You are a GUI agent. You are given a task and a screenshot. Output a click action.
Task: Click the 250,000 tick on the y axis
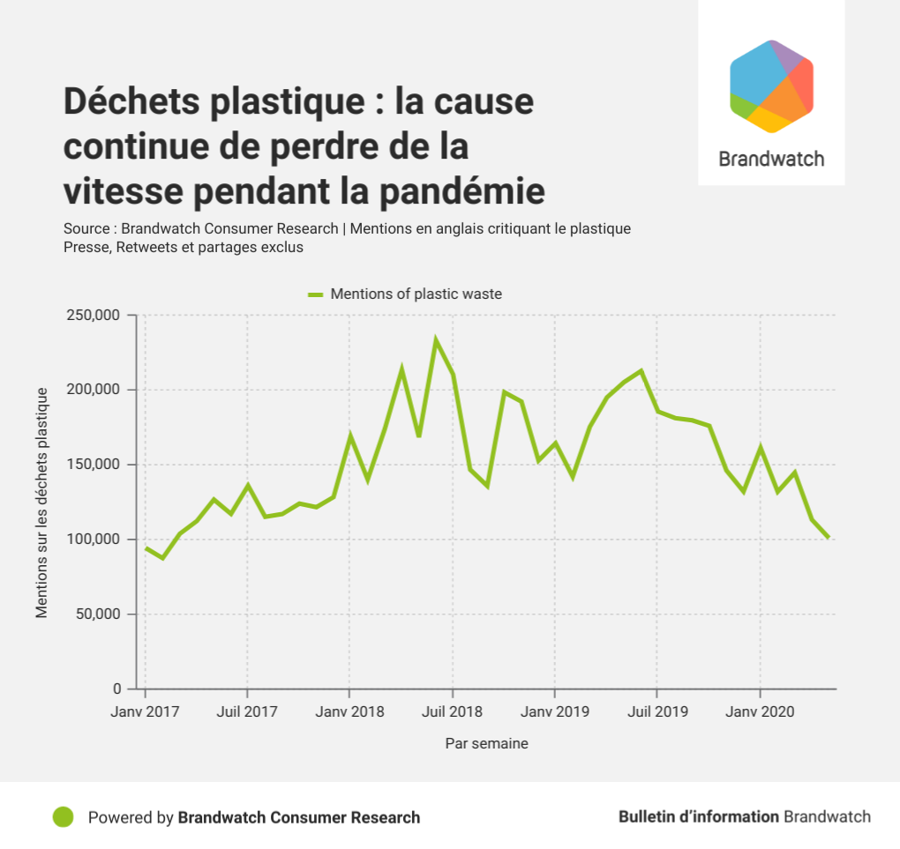94,315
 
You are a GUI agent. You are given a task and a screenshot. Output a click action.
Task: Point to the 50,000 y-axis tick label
98,614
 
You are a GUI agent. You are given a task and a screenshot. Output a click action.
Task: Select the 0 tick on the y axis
117,689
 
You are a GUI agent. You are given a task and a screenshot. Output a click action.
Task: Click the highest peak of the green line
435,339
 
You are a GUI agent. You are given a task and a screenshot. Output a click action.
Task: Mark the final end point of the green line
828,537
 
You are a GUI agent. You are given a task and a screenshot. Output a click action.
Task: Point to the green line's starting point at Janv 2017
146,548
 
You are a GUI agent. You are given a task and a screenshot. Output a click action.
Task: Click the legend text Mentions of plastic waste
416,294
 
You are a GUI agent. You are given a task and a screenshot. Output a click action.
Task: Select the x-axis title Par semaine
486,744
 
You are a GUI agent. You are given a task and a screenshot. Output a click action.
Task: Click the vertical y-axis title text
42,503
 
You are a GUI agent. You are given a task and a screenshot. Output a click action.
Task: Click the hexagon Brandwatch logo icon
771,86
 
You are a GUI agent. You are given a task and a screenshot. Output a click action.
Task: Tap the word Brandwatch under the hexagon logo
771,160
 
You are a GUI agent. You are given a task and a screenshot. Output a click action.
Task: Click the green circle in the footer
63,817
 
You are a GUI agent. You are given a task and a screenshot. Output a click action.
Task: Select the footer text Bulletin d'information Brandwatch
744,817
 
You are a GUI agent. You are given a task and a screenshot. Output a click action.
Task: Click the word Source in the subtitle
86,229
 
